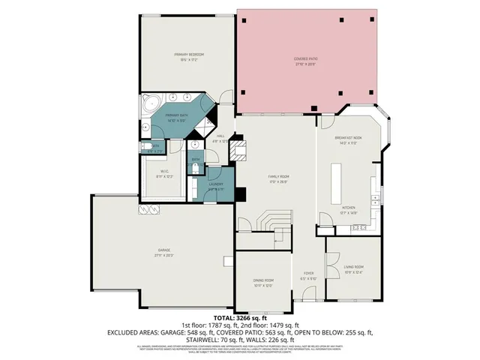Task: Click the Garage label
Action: pos(163,250)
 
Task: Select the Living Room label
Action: pos(353,267)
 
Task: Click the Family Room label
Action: pos(279,177)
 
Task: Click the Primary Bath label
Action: pos(177,115)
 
